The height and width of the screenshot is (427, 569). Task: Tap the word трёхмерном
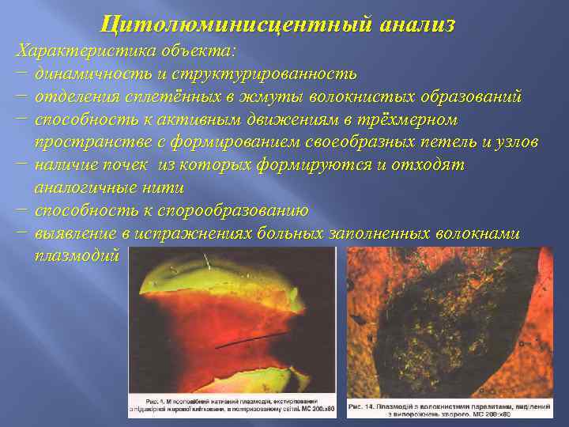tap(408, 119)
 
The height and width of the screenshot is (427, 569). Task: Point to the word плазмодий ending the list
tap(77, 256)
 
